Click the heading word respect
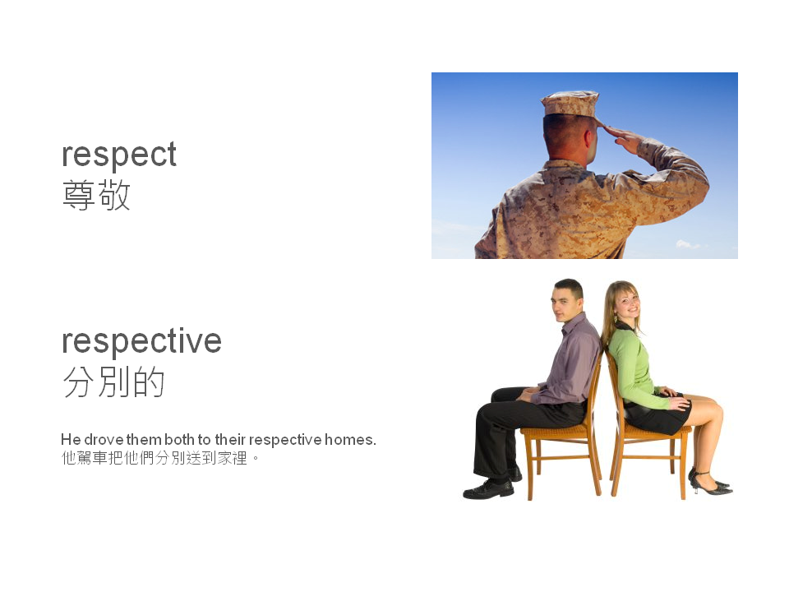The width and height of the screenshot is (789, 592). pyautogui.click(x=119, y=155)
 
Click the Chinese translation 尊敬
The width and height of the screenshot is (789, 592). pyautogui.click(x=96, y=197)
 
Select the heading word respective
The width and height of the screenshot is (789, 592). pyautogui.click(x=141, y=340)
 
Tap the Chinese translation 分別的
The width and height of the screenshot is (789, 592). pyautogui.click(x=113, y=382)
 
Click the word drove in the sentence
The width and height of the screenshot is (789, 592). pyautogui.click(x=104, y=440)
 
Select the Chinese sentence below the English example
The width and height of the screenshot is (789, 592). pyautogui.click(x=160, y=458)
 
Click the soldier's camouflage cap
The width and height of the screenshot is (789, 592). pyautogui.click(x=570, y=103)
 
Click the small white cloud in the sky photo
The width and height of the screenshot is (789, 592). pyautogui.click(x=688, y=244)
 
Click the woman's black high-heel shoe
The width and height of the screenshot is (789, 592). pyautogui.click(x=710, y=486)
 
